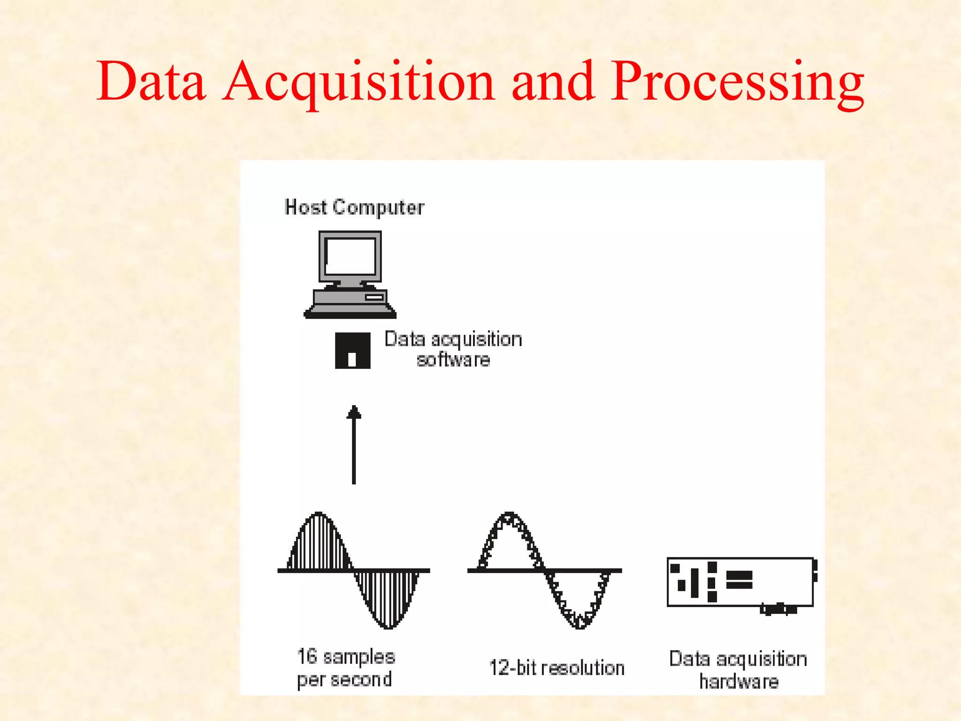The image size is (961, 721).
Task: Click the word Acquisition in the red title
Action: (359, 82)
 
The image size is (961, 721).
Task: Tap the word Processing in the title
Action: (737, 82)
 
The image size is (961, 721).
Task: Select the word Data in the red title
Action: (151, 82)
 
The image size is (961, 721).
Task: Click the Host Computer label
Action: (354, 207)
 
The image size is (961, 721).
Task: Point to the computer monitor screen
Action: (351, 257)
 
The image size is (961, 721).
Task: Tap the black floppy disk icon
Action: (352, 351)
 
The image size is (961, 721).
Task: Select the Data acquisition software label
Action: (453, 349)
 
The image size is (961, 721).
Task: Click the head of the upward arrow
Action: (354, 413)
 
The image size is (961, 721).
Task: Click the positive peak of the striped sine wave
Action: (319, 516)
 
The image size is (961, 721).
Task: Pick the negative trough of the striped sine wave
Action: (389, 624)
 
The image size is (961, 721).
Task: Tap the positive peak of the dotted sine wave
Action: (510, 517)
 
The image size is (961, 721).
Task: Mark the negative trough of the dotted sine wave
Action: (580, 623)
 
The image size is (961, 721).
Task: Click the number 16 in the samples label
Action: (307, 656)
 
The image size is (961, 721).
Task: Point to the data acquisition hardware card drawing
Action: (740, 582)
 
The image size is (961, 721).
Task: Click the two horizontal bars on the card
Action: (740, 580)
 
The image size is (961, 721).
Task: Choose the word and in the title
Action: (553, 82)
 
